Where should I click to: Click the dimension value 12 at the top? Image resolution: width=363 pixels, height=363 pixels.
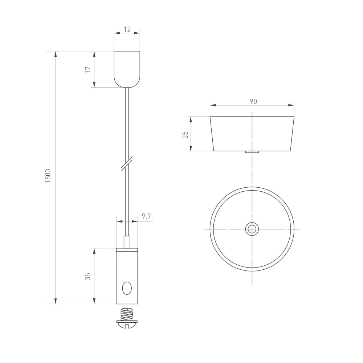tap(127, 29)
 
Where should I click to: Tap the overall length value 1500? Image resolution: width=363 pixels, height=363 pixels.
tap(49, 176)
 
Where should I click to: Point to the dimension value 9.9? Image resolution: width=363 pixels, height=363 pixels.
tap(146, 216)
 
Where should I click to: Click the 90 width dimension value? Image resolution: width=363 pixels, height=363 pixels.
tap(253, 102)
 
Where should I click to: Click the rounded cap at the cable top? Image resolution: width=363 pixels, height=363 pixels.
tap(127, 69)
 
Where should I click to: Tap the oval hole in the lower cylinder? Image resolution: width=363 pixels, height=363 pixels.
tap(127, 289)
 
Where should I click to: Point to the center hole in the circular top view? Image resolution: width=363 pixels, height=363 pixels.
tap(252, 229)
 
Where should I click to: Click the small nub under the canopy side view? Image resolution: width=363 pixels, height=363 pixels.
tap(252, 152)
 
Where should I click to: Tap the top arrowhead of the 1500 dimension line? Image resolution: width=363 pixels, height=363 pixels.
tap(56, 54)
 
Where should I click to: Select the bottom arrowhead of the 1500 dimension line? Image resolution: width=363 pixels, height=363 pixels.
tap(56, 301)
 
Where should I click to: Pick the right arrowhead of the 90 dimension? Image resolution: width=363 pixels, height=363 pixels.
tap(291, 105)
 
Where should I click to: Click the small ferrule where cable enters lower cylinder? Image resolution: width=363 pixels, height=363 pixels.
tap(127, 242)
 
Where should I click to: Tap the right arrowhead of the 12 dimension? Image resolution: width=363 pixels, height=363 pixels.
tap(137, 33)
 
